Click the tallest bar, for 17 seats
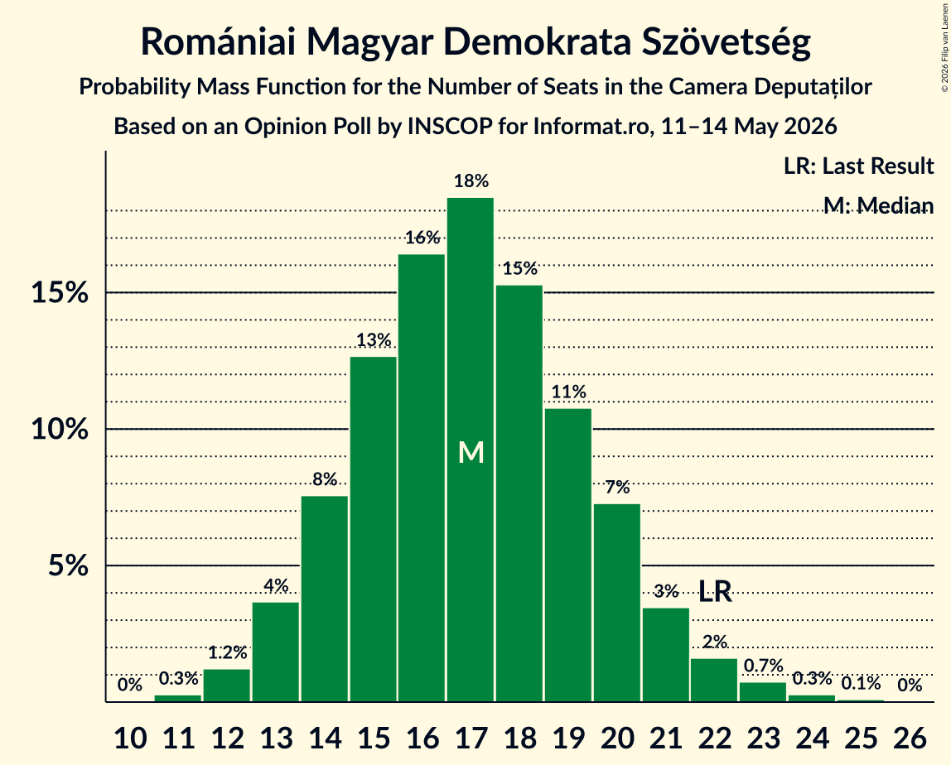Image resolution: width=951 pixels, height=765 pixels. coord(471,450)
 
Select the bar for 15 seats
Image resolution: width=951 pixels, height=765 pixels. coord(374,529)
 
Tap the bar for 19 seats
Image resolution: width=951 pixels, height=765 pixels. coord(568,556)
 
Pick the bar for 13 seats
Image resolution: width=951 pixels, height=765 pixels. coord(276,652)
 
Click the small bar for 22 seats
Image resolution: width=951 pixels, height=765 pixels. coord(714,680)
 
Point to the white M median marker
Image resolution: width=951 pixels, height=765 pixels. coord(471,453)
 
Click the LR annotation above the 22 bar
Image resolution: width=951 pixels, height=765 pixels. coord(715,591)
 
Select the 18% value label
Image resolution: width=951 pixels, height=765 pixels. coord(471,180)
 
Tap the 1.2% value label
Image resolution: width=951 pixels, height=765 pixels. coord(228,652)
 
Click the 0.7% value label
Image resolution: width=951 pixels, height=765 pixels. coord(764,666)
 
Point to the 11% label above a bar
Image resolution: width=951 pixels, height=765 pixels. coord(569,392)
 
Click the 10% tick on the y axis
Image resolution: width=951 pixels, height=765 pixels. coord(60,429)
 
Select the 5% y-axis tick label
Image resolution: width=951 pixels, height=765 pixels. coord(69,565)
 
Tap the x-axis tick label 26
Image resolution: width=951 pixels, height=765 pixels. coord(910,738)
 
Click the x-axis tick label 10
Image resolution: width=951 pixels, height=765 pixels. coord(130,738)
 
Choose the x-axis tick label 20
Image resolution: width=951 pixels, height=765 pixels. coord(617,738)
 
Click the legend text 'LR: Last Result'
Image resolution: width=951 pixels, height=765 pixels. coord(858,166)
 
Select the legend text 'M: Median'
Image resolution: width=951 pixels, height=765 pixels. coord(879,205)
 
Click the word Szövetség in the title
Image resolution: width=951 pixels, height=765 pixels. coord(727,42)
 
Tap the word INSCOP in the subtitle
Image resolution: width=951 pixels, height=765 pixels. coord(450,126)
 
